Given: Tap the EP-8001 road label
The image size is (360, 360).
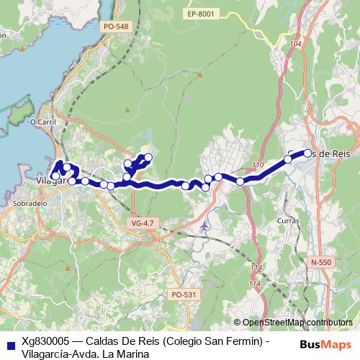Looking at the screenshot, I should [200, 14].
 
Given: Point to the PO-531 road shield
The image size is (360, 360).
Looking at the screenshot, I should [184, 294].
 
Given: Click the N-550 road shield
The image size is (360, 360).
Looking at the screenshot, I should [320, 262].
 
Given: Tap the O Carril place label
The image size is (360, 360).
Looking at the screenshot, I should [42, 122].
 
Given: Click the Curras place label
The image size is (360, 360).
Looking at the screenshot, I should [287, 220].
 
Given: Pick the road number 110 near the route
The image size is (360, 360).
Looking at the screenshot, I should [258, 166].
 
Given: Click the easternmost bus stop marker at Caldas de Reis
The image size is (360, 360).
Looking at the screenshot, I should [307, 153].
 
